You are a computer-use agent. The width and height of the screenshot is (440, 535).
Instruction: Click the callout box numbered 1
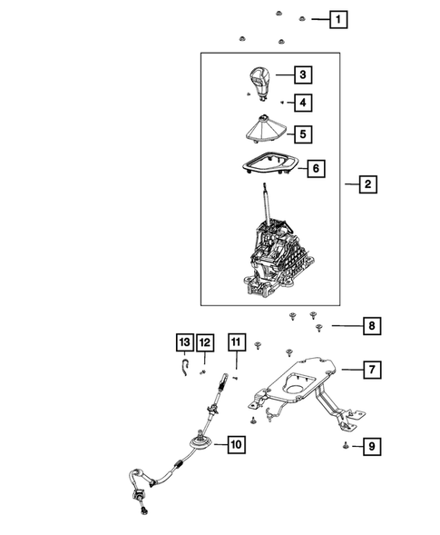pyautogui.click(x=337, y=18)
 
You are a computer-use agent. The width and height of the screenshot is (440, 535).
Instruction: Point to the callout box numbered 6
pyautogui.click(x=316, y=169)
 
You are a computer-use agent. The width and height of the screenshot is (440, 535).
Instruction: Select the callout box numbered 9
pyautogui.click(x=371, y=446)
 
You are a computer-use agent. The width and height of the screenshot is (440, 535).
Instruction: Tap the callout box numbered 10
pyautogui.click(x=234, y=445)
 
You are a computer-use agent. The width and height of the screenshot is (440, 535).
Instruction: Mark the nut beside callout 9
pyautogui.click(x=347, y=446)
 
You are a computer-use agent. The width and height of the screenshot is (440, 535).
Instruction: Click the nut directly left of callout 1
pyautogui.click(x=304, y=18)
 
